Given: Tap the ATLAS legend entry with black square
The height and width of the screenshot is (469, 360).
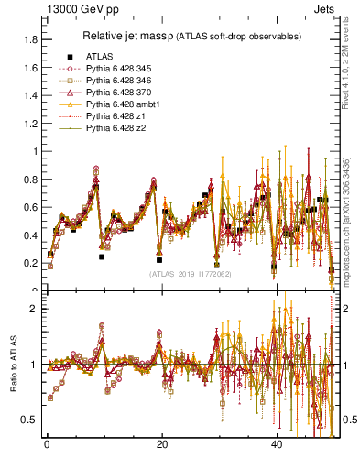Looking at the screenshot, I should point(99,56).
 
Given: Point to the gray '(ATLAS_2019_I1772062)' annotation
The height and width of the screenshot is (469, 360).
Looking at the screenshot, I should point(191,274).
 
